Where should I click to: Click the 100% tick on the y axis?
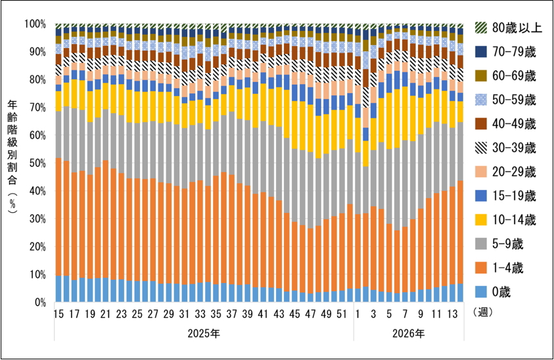coord(35,24)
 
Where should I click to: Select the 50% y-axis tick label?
coord(36,163)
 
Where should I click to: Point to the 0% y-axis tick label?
coord(38,303)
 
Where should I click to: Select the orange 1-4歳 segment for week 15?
coord(58,217)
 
